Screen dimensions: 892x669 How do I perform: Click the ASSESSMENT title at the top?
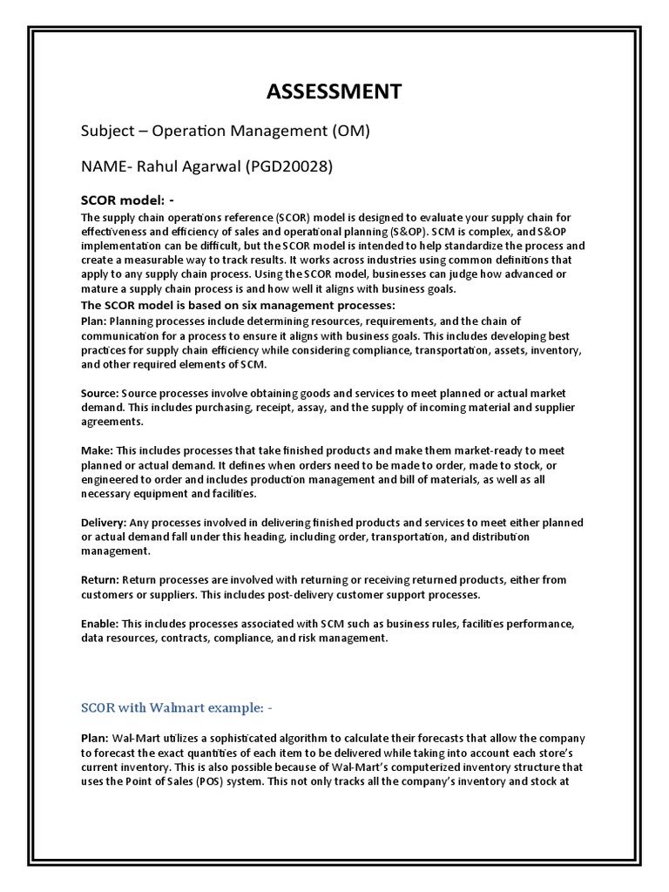pos(334,91)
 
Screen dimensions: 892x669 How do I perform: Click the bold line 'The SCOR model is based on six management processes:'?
pos(238,305)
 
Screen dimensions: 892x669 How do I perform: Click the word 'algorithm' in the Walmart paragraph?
pos(317,738)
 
